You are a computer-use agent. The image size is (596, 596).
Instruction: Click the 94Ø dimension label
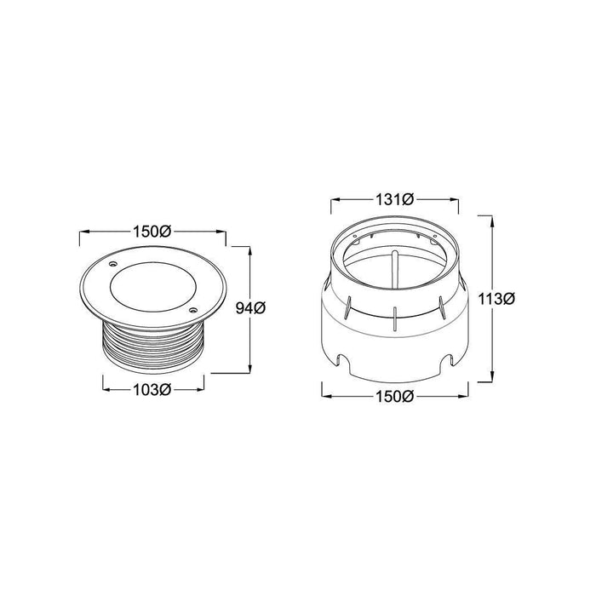[x=250, y=308]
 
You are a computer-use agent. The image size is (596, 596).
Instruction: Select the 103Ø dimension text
[x=152, y=390]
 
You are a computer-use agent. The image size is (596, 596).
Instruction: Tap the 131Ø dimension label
[x=394, y=199]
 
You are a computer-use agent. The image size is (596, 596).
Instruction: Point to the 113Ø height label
[x=496, y=299]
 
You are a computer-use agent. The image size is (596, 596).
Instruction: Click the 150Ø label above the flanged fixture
[x=152, y=232]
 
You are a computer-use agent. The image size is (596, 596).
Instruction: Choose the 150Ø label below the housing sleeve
[x=394, y=397]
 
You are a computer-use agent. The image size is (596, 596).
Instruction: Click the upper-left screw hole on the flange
[x=112, y=264]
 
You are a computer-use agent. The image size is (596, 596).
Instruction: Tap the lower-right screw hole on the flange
[x=192, y=310]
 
